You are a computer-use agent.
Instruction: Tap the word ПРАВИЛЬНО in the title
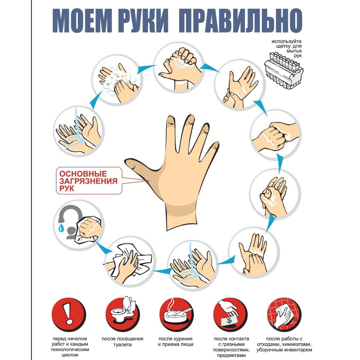coord(240,21)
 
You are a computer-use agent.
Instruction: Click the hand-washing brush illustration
coord(283,70)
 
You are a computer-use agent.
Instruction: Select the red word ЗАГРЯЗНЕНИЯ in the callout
coord(88,181)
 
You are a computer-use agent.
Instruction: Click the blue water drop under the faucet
coord(61,228)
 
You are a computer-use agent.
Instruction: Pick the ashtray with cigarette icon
coord(176,315)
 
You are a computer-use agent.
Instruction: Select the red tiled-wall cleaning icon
coord(284,315)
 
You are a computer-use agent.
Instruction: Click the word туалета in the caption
coord(122,345)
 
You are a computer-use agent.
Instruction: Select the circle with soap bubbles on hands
coord(117,80)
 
